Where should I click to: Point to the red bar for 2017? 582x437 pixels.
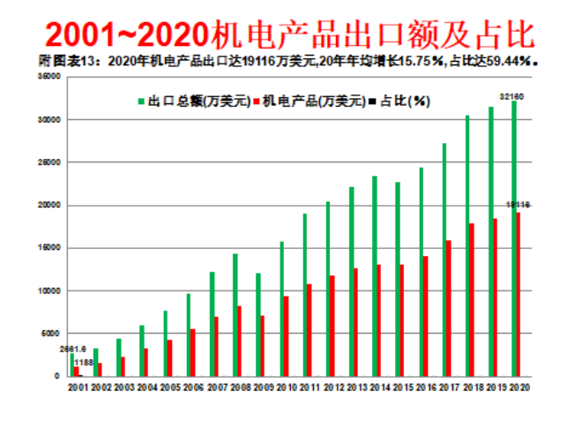tap(449, 308)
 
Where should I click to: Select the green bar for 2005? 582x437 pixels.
tap(164, 343)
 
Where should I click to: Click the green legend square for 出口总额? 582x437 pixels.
tap(141, 102)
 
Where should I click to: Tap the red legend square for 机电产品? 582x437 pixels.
tap(257, 102)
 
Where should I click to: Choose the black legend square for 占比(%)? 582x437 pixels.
tap(372, 102)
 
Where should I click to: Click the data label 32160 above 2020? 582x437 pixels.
tap(511, 94)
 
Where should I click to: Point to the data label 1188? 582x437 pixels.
tap(84, 362)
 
